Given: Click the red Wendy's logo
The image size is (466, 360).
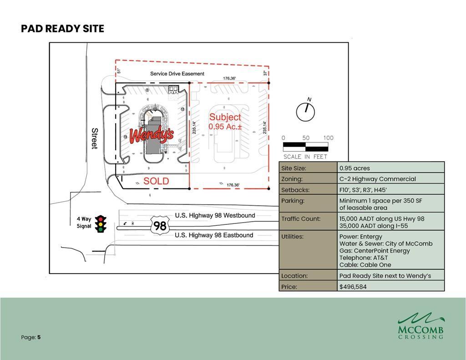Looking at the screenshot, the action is [152, 135].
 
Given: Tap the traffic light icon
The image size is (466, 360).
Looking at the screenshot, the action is [101, 224].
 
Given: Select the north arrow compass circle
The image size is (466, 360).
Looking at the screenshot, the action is [305, 112].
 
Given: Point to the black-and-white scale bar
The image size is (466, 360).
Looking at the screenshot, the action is [305, 147].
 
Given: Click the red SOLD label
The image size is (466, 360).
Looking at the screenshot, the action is [156, 181].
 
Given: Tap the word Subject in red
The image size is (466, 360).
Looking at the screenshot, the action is [225, 117].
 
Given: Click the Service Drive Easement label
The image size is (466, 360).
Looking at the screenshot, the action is [177, 74].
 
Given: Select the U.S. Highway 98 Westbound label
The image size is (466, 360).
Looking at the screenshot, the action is [215, 216].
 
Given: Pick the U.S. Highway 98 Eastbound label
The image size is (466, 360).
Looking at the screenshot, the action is [214, 235].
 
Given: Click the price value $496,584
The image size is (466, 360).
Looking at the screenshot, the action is [353, 287].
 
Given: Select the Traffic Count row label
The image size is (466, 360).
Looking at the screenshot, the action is [301, 219].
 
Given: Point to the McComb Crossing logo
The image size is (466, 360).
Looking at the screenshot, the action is [421, 326].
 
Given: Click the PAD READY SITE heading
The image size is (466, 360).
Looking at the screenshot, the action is [62, 29].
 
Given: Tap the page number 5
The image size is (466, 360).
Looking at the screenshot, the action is [39, 337].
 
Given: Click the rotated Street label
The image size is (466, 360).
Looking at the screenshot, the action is [95, 138].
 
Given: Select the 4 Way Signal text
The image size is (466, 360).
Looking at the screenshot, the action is [84, 223].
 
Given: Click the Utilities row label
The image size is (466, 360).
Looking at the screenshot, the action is [292, 237].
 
